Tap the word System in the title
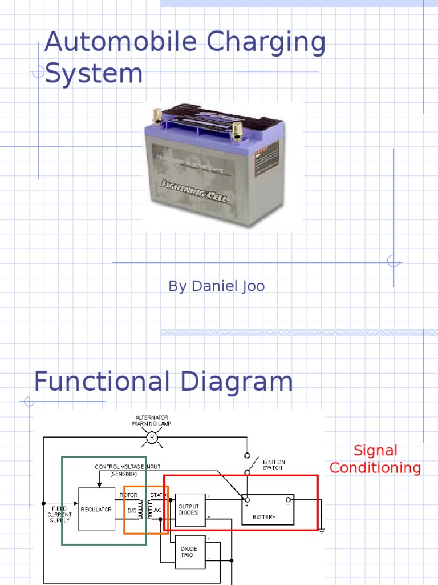[94, 74]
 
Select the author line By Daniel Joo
[216, 286]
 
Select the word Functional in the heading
[100, 382]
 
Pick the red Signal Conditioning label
[375, 459]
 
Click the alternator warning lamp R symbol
[152, 438]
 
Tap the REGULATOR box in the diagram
[96, 509]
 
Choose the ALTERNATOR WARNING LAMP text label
[151, 420]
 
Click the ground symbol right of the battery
[322, 531]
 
